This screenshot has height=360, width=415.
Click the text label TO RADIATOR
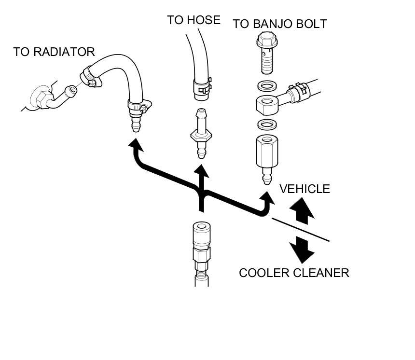pyautogui.click(x=54, y=52)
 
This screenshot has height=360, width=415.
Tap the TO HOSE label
pyautogui.click(x=194, y=20)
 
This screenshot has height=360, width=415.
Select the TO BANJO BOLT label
pyautogui.click(x=280, y=24)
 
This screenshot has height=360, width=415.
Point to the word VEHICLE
pyautogui.click(x=304, y=189)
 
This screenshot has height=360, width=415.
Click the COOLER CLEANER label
pyautogui.click(x=294, y=273)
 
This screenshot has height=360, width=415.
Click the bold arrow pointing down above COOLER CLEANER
pyautogui.click(x=302, y=249)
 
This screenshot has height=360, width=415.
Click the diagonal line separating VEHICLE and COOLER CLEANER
pyautogui.click(x=300, y=230)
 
